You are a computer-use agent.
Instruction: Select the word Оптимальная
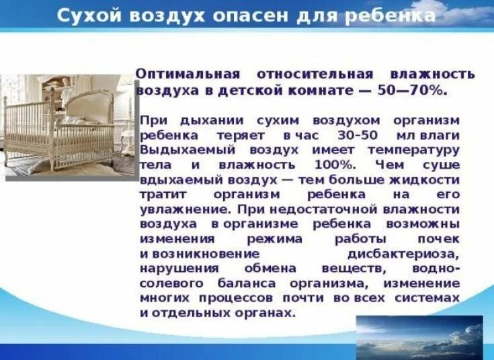tap(186, 74)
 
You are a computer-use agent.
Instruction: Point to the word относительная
tap(315, 74)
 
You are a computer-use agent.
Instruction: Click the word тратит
tap(161, 194)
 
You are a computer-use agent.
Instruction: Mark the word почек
tap(440, 239)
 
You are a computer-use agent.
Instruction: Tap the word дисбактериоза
tap(403, 254)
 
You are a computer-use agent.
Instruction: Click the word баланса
tap(247, 283)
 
